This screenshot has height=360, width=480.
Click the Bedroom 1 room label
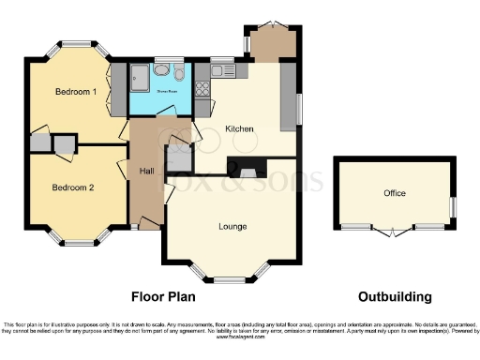(x=76, y=92)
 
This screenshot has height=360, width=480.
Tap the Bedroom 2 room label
(x=73, y=187)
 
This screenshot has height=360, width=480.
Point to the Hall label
(x=147, y=172)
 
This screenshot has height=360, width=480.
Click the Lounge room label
(x=232, y=226)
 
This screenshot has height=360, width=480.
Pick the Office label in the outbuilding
(x=395, y=194)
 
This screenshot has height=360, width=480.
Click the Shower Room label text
(x=166, y=92)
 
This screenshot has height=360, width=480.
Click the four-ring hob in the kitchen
(x=202, y=90)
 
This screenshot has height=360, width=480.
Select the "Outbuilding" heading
(x=395, y=297)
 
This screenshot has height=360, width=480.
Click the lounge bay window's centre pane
(x=230, y=278)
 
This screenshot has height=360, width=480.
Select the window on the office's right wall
(x=452, y=204)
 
